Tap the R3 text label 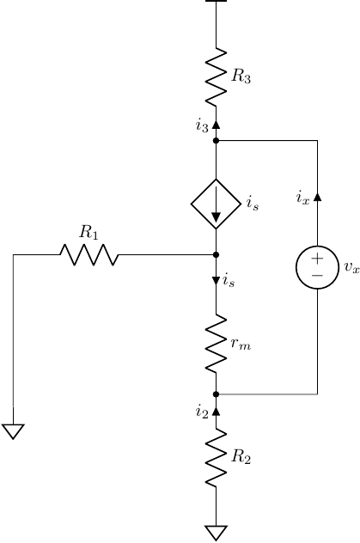point(241,77)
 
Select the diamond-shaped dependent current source point(216,204)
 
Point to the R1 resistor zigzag point(88,254)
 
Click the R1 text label point(88,232)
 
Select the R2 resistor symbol point(216,459)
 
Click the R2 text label point(241,459)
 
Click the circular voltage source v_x point(317,267)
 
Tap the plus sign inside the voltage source point(317,259)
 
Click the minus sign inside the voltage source point(317,276)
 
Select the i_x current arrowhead point(317,197)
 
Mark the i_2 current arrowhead point(216,411)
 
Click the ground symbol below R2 point(216,533)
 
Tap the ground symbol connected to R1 point(14,431)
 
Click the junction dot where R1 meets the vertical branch point(216,254)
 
